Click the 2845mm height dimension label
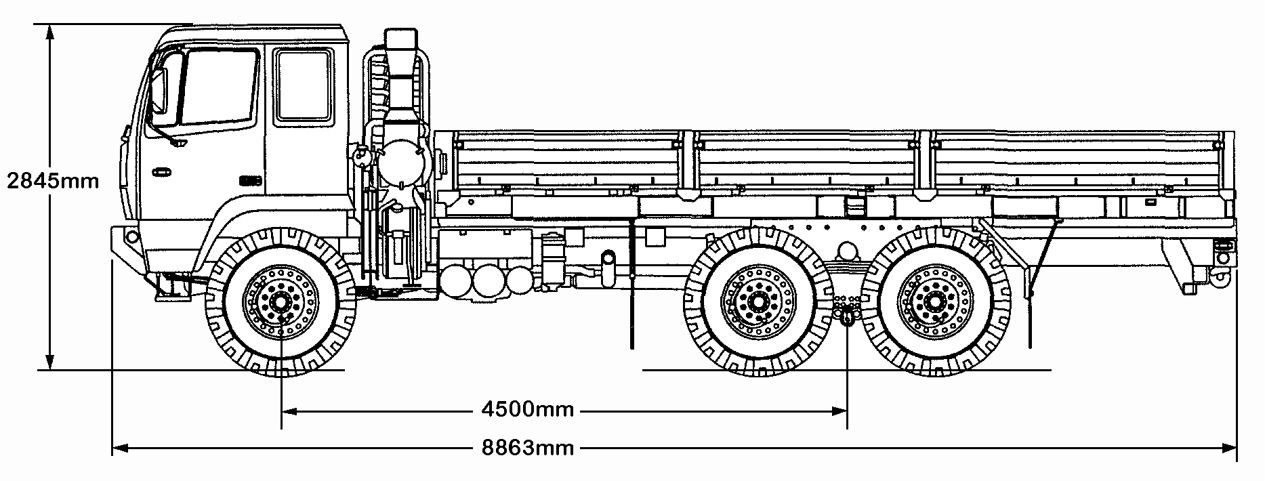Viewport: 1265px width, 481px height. point(53,182)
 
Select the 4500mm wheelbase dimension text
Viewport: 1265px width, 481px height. point(528,410)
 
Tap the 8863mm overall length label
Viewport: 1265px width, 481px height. point(528,448)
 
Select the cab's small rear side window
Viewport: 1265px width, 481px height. point(303,86)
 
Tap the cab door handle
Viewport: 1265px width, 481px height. point(162,171)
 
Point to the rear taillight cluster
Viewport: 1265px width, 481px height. point(1222,251)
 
